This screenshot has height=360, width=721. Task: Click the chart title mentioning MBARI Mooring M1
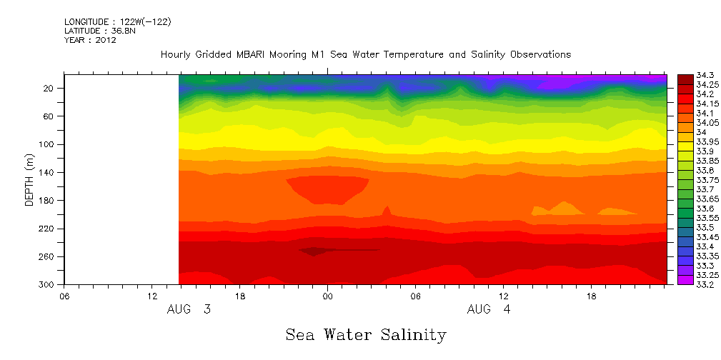pos(366,54)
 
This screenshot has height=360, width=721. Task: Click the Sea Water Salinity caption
pos(366,334)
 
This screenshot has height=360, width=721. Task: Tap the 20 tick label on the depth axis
pos(50,88)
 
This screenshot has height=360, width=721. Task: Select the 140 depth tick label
pos(48,172)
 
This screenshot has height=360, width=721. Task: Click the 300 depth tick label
pos(48,284)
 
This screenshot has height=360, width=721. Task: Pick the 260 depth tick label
pos(48,256)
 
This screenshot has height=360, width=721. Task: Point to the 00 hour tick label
pos(327,296)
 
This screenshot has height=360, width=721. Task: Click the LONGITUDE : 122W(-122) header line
pos(117,22)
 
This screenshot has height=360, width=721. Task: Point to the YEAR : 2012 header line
pos(90,40)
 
